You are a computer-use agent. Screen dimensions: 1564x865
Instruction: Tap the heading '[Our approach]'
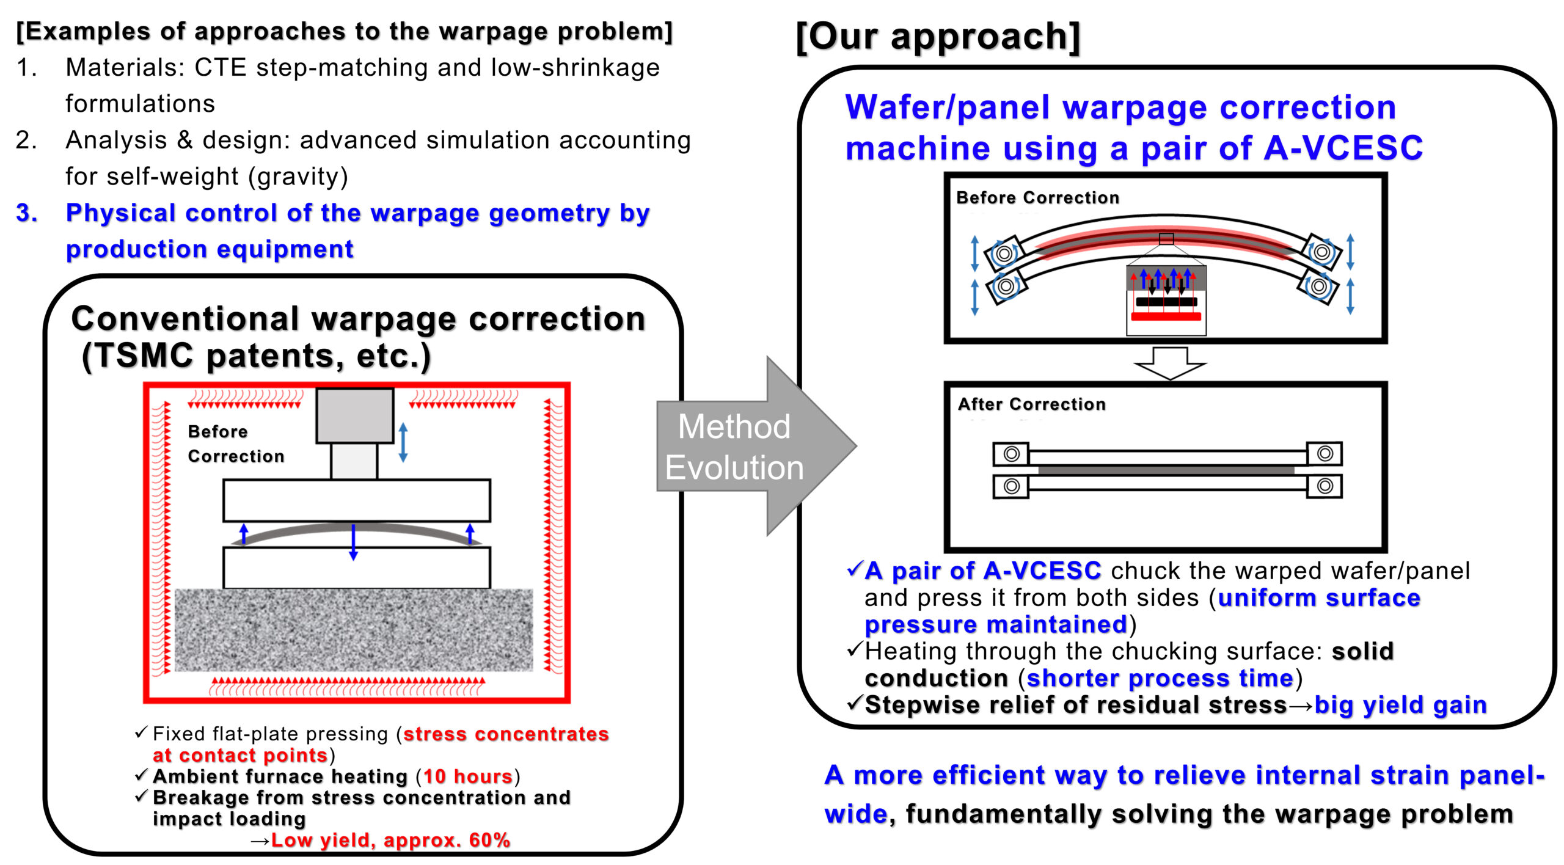tap(938, 36)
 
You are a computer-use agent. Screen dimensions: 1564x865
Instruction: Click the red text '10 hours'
tap(467, 776)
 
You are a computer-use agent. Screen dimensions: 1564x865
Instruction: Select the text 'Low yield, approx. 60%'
tap(390, 840)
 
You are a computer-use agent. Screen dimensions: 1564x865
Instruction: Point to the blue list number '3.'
tap(27, 213)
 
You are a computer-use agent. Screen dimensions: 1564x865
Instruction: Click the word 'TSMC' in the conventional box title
tap(145, 356)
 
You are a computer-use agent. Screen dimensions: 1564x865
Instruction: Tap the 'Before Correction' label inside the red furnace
tap(236, 443)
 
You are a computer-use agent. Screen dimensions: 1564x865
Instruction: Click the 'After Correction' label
tap(1032, 404)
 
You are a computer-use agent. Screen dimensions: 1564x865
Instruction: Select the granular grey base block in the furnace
tap(354, 630)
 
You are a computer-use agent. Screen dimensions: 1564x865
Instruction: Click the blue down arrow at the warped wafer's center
tap(353, 541)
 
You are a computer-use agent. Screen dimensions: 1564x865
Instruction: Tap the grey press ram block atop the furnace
tap(354, 415)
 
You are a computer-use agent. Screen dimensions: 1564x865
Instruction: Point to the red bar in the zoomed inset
tap(1166, 316)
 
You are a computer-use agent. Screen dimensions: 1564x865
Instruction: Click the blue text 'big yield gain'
tap(1400, 705)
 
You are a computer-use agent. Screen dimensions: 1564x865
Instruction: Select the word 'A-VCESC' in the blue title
tap(1343, 148)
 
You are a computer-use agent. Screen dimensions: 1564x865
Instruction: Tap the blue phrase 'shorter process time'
tap(1160, 678)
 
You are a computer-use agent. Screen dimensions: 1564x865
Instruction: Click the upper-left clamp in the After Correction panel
tap(1011, 454)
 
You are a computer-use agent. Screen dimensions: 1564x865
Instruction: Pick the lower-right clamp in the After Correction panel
tap(1325, 486)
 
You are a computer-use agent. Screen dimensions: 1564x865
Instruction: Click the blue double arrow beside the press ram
tap(403, 442)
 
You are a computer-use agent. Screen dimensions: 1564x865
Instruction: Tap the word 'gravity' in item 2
tap(298, 177)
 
